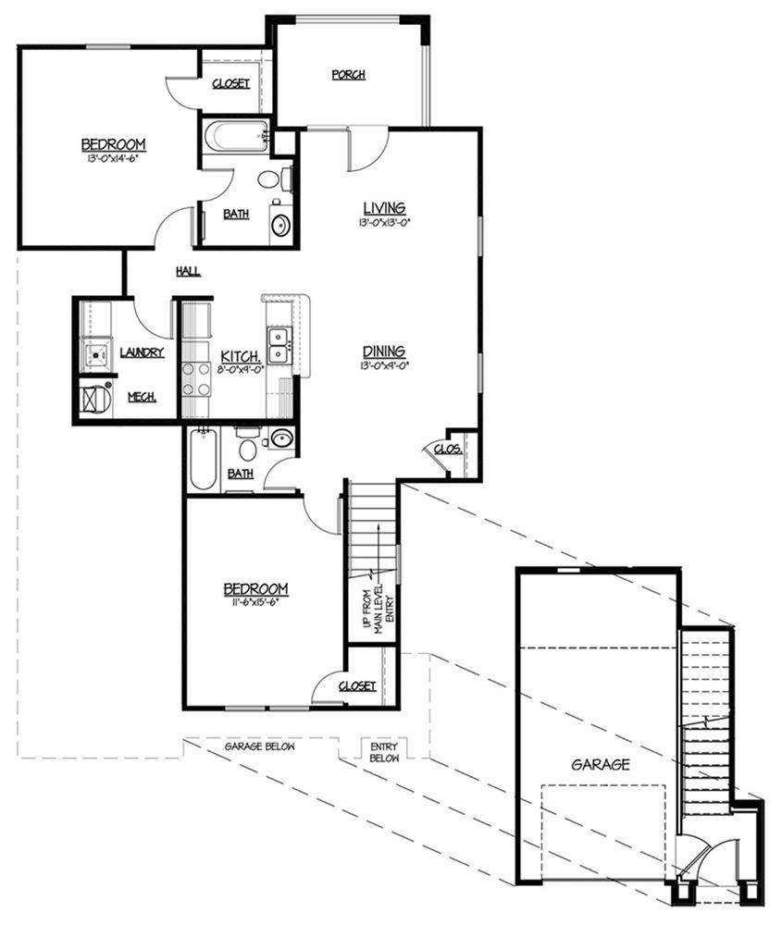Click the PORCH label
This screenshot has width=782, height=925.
click(x=348, y=75)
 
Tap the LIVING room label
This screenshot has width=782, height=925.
click(x=384, y=207)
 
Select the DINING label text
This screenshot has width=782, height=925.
click(x=383, y=351)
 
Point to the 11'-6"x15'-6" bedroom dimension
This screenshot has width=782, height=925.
click(x=255, y=602)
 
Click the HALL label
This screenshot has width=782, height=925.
click(x=188, y=271)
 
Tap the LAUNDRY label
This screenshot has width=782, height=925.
click(x=142, y=352)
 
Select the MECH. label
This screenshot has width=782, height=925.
click(x=141, y=397)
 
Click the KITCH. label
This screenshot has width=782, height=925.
click(x=241, y=356)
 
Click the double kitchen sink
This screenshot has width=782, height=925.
click(x=279, y=345)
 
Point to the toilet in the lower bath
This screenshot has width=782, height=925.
click(x=247, y=450)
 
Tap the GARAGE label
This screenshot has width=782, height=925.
click(x=600, y=765)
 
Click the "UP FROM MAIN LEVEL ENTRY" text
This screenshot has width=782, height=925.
click(x=379, y=610)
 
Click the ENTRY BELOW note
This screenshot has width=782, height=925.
click(x=383, y=751)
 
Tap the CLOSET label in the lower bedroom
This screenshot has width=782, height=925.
click(x=356, y=685)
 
